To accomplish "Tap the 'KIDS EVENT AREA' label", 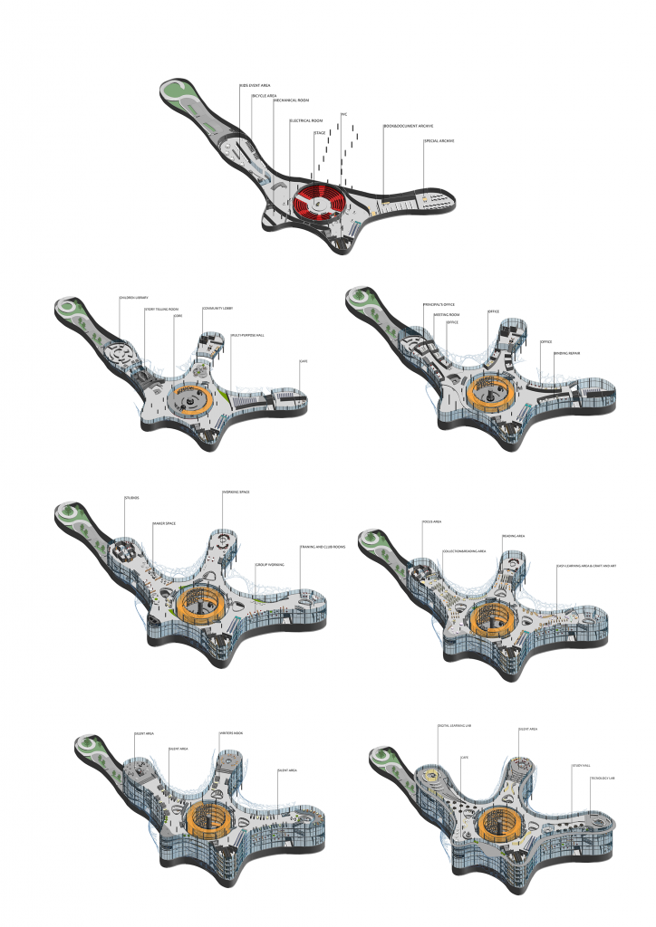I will pos(256,86).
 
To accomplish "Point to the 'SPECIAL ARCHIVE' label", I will pos(439,141).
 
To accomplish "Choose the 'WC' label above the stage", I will pos(343,114).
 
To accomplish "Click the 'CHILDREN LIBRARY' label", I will pos(132,298).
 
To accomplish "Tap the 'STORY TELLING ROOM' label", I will pos(161,310).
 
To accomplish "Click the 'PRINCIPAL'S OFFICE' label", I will pos(439,305).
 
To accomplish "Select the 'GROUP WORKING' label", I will pos(270,563).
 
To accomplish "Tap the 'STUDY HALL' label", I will pos(581,766).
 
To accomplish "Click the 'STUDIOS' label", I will pos(132,498).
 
